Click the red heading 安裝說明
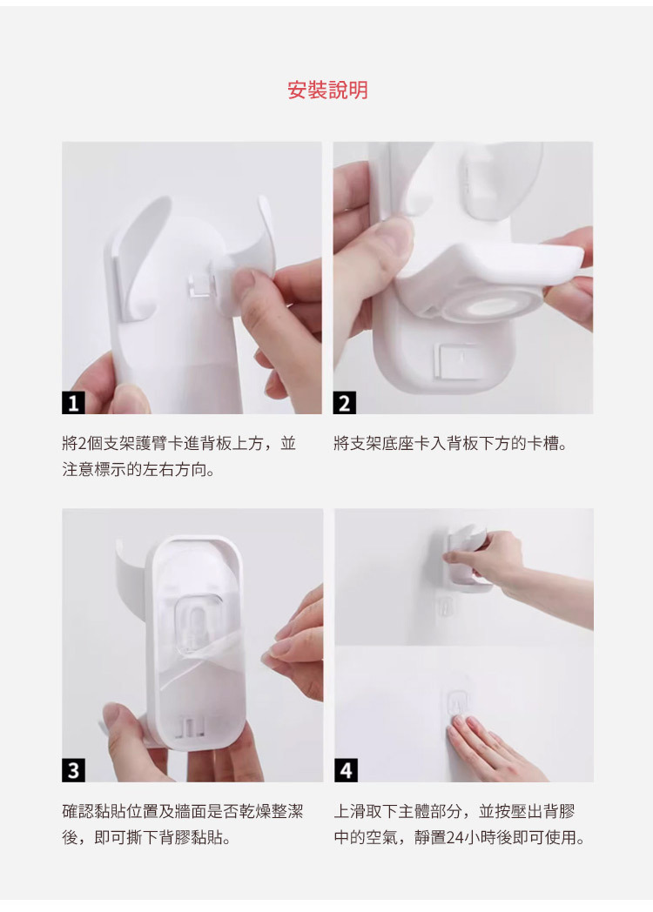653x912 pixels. [327, 91]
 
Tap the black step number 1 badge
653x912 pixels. [73, 403]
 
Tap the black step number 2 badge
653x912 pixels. [345, 403]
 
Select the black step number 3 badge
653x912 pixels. [73, 770]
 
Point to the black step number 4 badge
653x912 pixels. [346, 770]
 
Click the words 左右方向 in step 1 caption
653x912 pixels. [174, 469]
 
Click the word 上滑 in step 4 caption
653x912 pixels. [350, 811]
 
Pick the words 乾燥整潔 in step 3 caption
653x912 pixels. [271, 811]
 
